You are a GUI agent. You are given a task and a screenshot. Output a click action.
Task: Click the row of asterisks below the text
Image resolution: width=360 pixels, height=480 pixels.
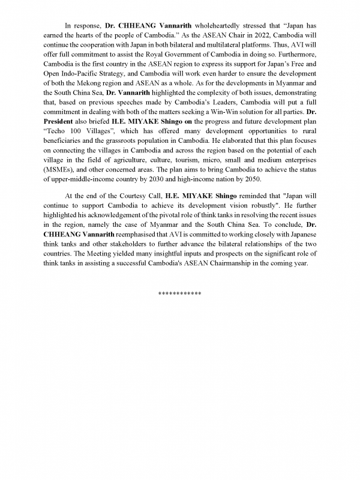(180, 293)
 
